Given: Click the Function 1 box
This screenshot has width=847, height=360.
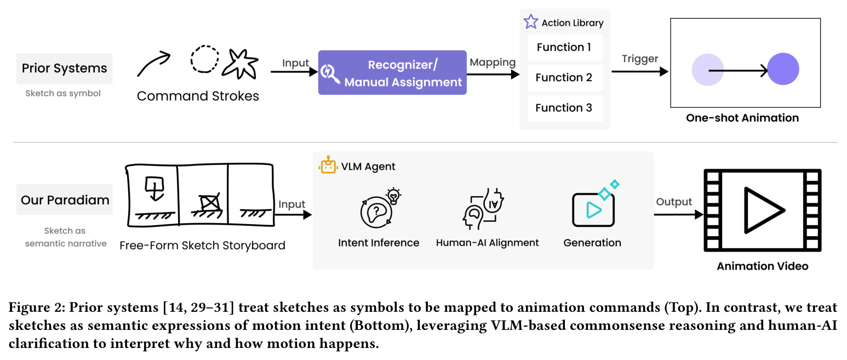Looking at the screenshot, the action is point(565,47).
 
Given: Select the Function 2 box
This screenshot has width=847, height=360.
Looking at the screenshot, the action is point(565,77).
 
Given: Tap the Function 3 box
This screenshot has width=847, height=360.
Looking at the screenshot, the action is point(565,108).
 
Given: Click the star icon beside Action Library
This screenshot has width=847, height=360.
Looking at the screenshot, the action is point(531,22).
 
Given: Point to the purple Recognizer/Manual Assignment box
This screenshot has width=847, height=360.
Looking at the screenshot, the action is point(392,73).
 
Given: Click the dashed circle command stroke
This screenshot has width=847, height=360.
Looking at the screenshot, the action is point(204,59).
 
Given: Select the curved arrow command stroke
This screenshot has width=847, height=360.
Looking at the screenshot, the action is point(153,64).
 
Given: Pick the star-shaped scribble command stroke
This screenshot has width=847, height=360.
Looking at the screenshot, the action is point(241,64).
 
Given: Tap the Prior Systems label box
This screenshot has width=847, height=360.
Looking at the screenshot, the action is point(64,68).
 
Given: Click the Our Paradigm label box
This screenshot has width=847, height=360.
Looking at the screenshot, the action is point(64,199).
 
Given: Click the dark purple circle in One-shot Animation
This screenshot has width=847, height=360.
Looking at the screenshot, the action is point(783,69).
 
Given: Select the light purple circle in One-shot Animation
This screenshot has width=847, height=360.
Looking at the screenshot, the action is point(707,70).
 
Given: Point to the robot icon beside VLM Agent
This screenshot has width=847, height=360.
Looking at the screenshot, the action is point(328,165).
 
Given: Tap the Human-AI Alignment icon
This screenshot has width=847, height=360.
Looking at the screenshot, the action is point(483,209).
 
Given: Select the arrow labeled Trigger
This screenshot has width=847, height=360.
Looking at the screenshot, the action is point(640,71).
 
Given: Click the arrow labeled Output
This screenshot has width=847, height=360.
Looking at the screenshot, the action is point(679,215).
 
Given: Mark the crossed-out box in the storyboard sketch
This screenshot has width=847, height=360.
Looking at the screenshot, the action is point(210,203).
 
